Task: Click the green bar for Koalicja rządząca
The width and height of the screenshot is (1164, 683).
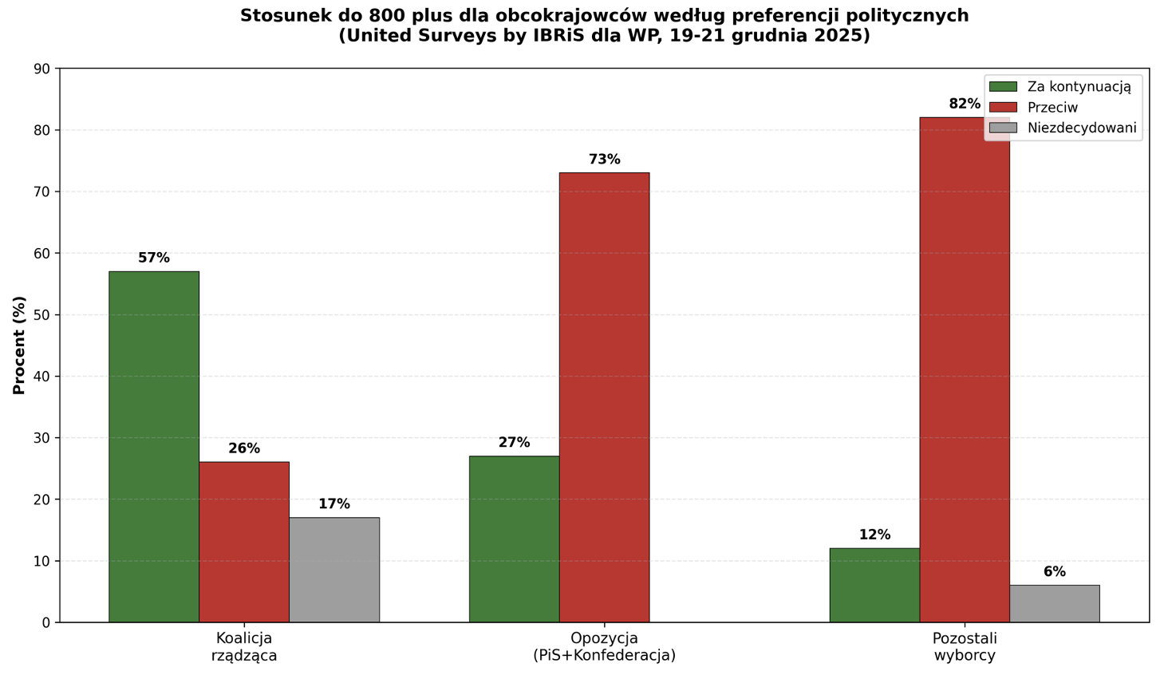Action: [154, 447]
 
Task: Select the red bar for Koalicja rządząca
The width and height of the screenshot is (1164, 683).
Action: [244, 542]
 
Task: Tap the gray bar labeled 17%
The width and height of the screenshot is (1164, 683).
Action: [334, 570]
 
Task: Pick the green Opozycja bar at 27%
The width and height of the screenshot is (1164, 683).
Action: [514, 539]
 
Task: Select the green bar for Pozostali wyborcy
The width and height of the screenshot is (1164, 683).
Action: [874, 585]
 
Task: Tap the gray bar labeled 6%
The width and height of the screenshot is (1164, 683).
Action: [1055, 603]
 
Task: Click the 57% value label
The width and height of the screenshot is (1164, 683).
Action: [154, 258]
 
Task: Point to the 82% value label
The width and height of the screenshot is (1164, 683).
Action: [965, 104]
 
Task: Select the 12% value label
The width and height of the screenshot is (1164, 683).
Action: [874, 535]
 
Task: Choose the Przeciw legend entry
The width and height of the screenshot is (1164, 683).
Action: [1052, 108]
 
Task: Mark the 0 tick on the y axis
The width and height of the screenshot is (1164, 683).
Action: [46, 622]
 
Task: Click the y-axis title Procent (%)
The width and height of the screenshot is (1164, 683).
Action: [20, 345]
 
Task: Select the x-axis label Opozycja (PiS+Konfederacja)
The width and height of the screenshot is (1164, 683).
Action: [604, 646]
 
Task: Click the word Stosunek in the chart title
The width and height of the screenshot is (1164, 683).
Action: [277, 16]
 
